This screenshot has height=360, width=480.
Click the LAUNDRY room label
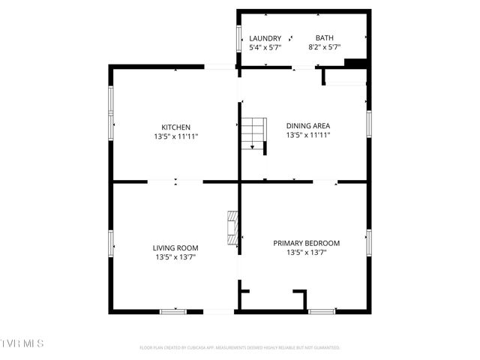pyautogui.click(x=265, y=38)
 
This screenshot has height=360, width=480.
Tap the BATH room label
pyautogui.click(x=325, y=38)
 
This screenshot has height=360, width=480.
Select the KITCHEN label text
pyautogui.click(x=176, y=127)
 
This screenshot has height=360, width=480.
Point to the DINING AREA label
pyautogui.click(x=308, y=126)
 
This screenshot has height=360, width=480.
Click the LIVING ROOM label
pyautogui.click(x=175, y=248)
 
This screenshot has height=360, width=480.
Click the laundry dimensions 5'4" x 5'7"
pyautogui.click(x=265, y=47)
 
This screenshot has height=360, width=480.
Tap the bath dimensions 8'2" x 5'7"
pyautogui.click(x=325, y=47)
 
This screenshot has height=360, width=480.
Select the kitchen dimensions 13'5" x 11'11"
pyautogui.click(x=176, y=136)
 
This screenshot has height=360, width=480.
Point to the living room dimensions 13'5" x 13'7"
pyautogui.click(x=175, y=257)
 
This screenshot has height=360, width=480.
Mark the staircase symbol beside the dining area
pyautogui.click(x=253, y=134)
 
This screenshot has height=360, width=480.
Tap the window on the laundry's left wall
pyautogui.click(x=238, y=37)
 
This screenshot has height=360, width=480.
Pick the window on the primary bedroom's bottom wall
pyautogui.click(x=322, y=310)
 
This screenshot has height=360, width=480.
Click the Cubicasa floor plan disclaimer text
pyautogui.click(x=240, y=348)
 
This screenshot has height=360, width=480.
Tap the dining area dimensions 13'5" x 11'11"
pyautogui.click(x=308, y=136)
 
